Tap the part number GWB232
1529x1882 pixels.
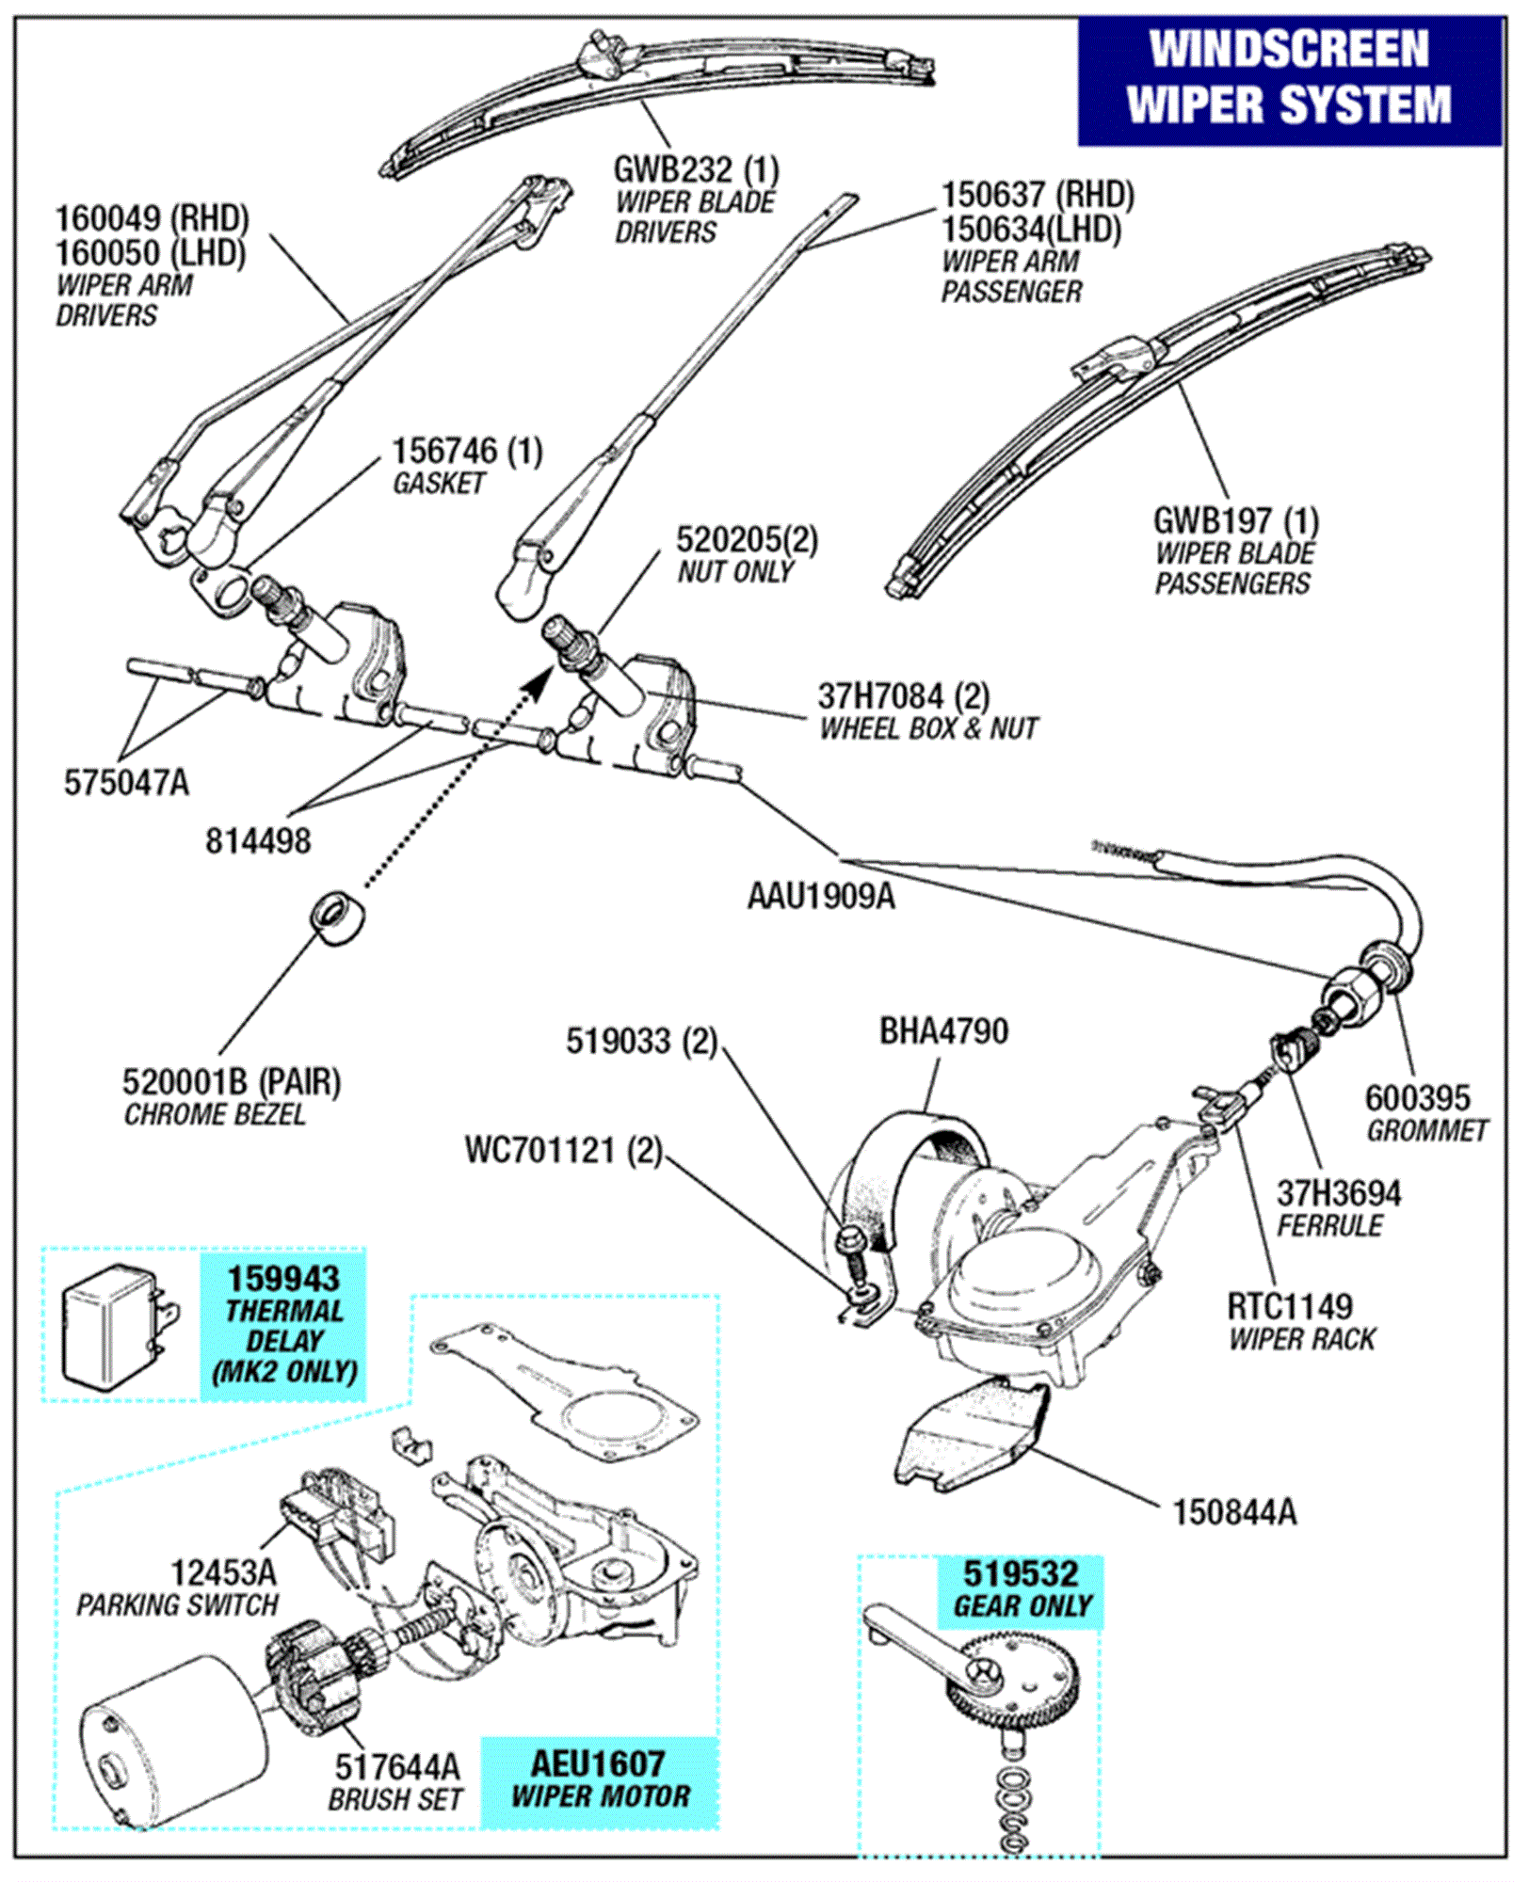pyautogui.click(x=672, y=170)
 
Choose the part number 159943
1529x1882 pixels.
pyautogui.click(x=283, y=1279)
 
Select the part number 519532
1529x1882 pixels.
pyautogui.click(x=1021, y=1574)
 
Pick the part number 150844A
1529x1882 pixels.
pyautogui.click(x=1233, y=1512)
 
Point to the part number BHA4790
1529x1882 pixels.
pyautogui.click(x=943, y=1031)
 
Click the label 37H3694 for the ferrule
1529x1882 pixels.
pyautogui.click(x=1338, y=1193)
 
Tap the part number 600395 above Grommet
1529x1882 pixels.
pyautogui.click(x=1417, y=1097)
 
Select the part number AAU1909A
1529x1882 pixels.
pyautogui.click(x=821, y=896)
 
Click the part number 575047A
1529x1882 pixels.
pyautogui.click(x=126, y=782)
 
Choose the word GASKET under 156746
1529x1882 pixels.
pyautogui.click(x=439, y=483)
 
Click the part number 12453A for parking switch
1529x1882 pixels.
pyautogui.click(x=223, y=1571)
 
